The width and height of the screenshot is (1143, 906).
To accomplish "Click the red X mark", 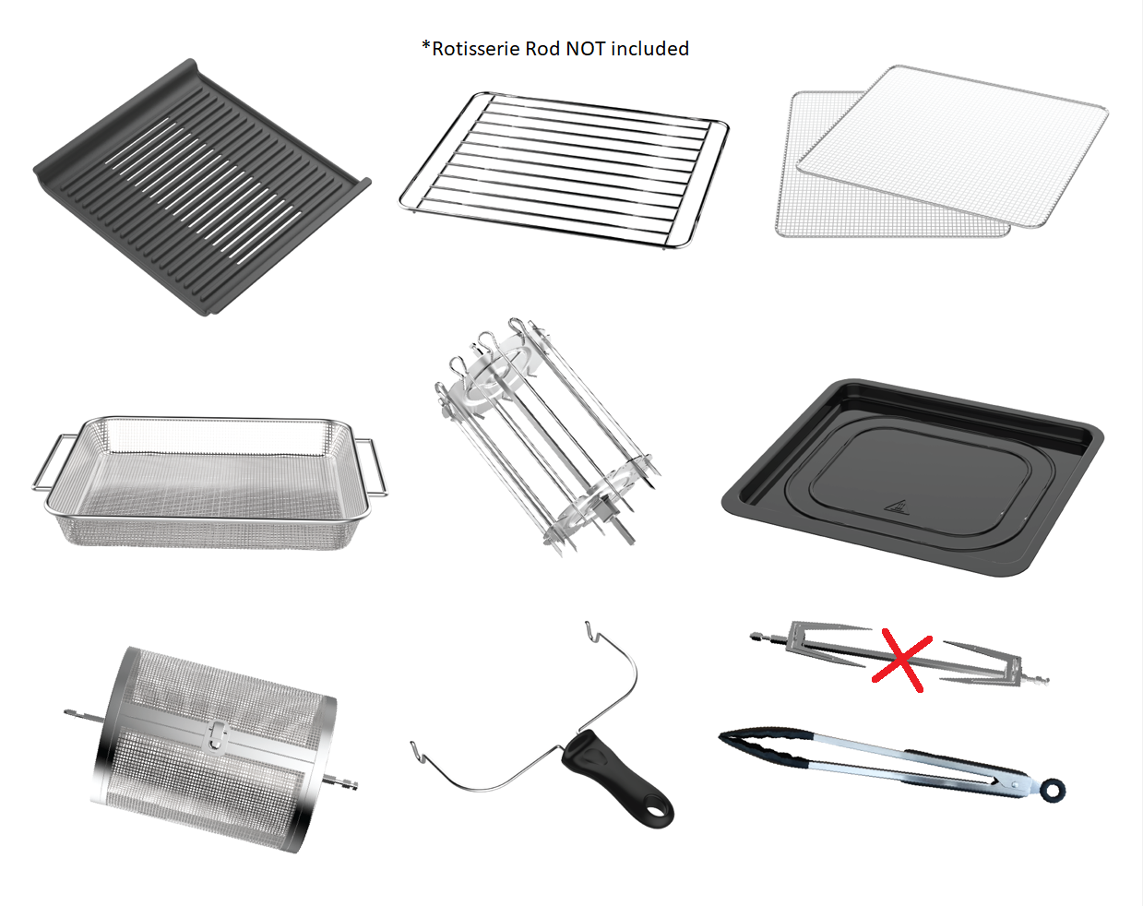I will point(901,659).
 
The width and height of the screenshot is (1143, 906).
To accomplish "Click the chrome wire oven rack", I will point(564,170).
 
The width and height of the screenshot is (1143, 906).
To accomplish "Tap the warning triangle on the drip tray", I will point(896,506).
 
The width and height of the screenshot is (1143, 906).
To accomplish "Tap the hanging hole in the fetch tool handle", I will point(656,811).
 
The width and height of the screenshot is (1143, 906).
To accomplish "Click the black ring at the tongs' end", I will point(1053,789).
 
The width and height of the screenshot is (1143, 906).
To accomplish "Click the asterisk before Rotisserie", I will point(426,45).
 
